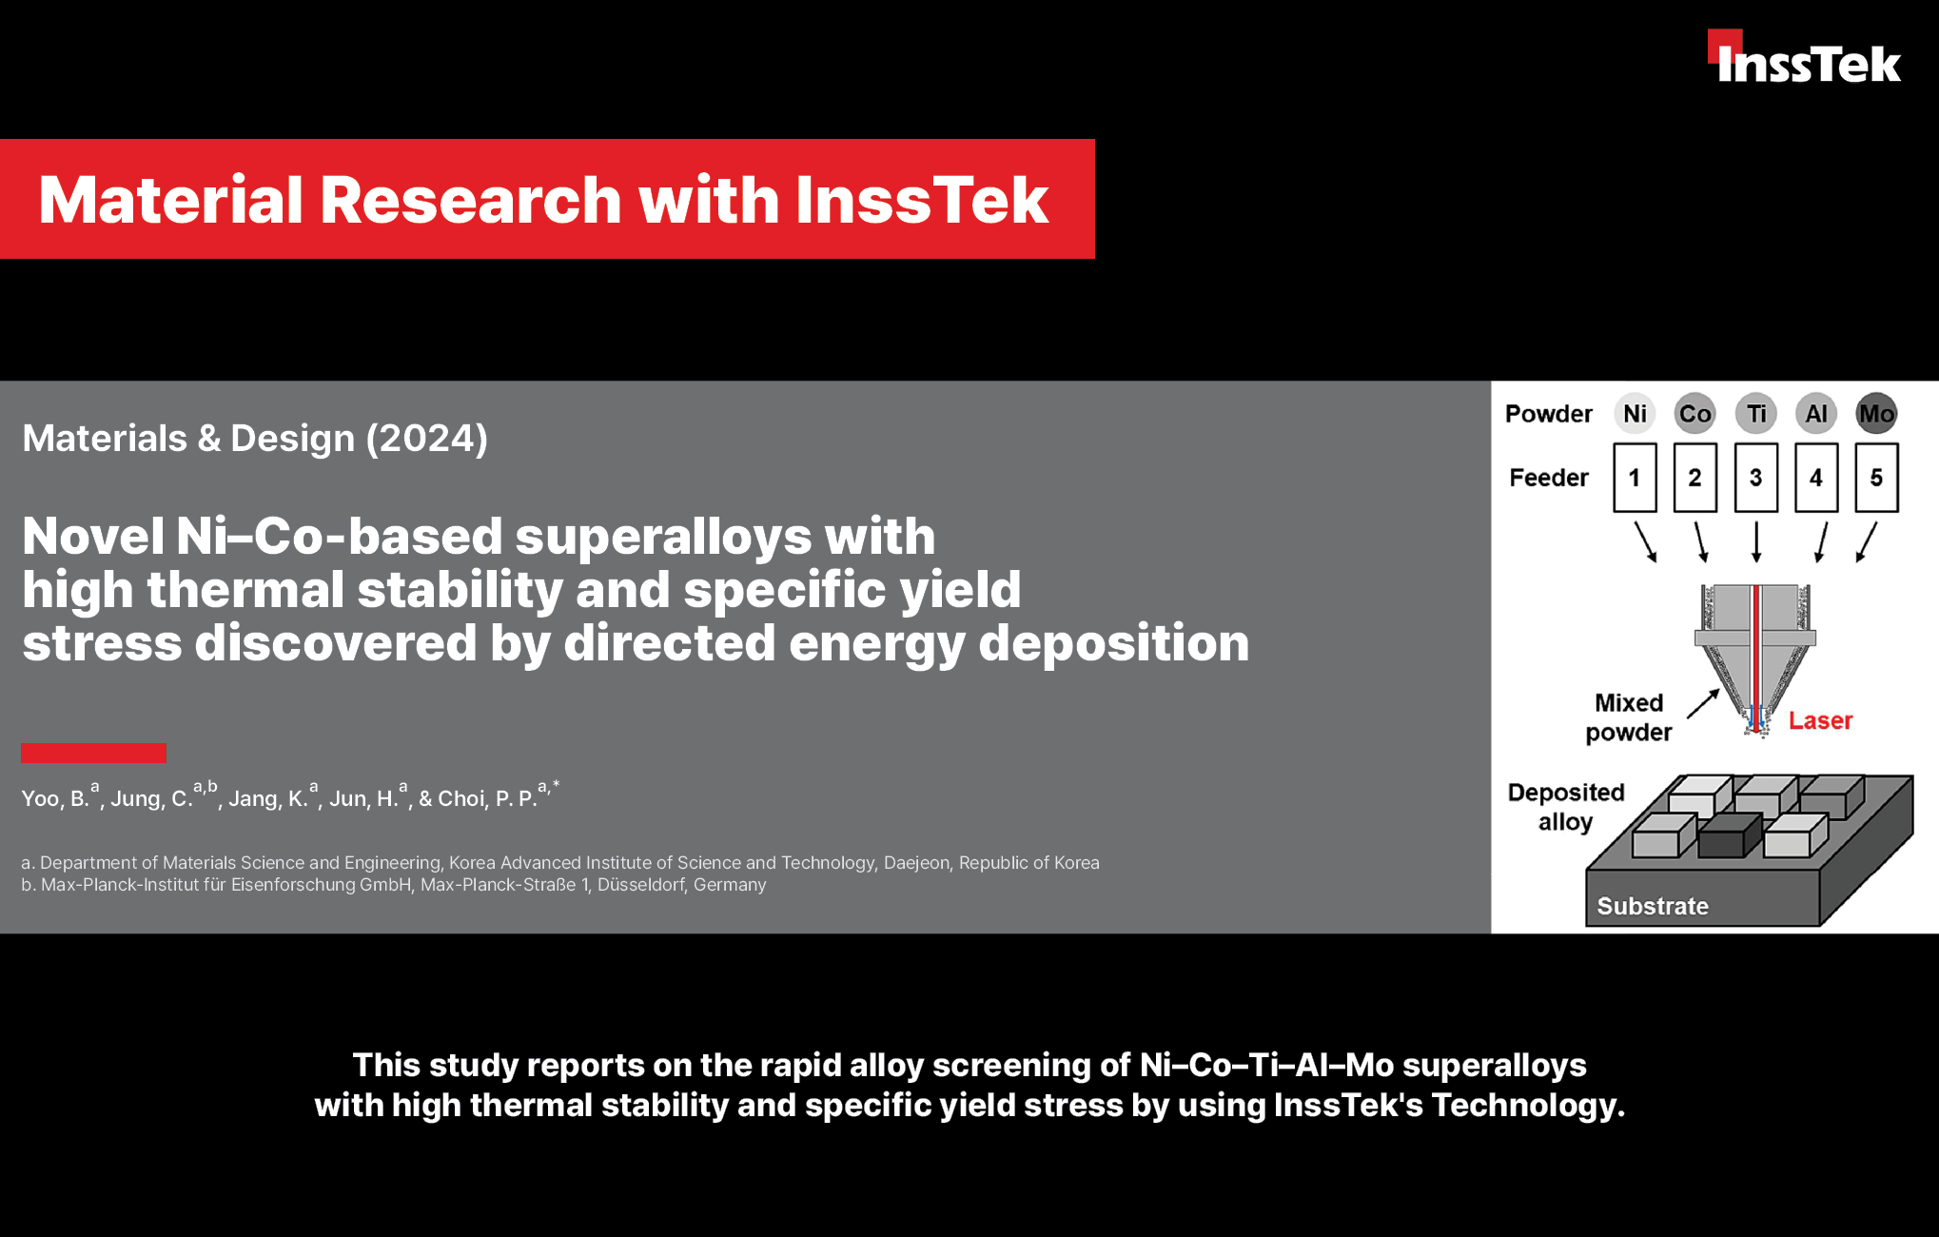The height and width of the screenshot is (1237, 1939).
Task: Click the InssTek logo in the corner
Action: tap(1804, 56)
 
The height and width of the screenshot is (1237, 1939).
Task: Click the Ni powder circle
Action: tap(1635, 414)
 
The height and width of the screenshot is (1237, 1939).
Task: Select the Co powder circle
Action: tap(1694, 414)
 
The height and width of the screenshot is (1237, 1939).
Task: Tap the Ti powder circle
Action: tap(1755, 414)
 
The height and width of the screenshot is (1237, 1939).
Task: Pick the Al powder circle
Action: tap(1816, 414)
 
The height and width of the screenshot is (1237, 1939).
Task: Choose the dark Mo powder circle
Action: tap(1876, 414)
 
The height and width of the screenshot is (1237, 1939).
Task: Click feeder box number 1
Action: tap(1635, 478)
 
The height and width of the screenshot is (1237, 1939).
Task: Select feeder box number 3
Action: tap(1755, 478)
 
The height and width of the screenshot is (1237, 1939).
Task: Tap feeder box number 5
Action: tap(1876, 478)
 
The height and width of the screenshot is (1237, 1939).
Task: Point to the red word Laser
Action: tap(1820, 720)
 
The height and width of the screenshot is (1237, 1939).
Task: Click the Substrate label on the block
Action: tap(1653, 906)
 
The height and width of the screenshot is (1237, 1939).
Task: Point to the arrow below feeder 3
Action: tap(1756, 541)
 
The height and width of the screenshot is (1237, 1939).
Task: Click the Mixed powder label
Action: tap(1629, 717)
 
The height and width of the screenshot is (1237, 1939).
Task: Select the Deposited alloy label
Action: tap(1566, 807)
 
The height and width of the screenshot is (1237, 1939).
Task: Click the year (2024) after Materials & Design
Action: tap(427, 439)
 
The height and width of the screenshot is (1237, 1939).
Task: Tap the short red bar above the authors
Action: tap(93, 753)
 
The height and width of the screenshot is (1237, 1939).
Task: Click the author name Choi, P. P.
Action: tap(487, 798)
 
